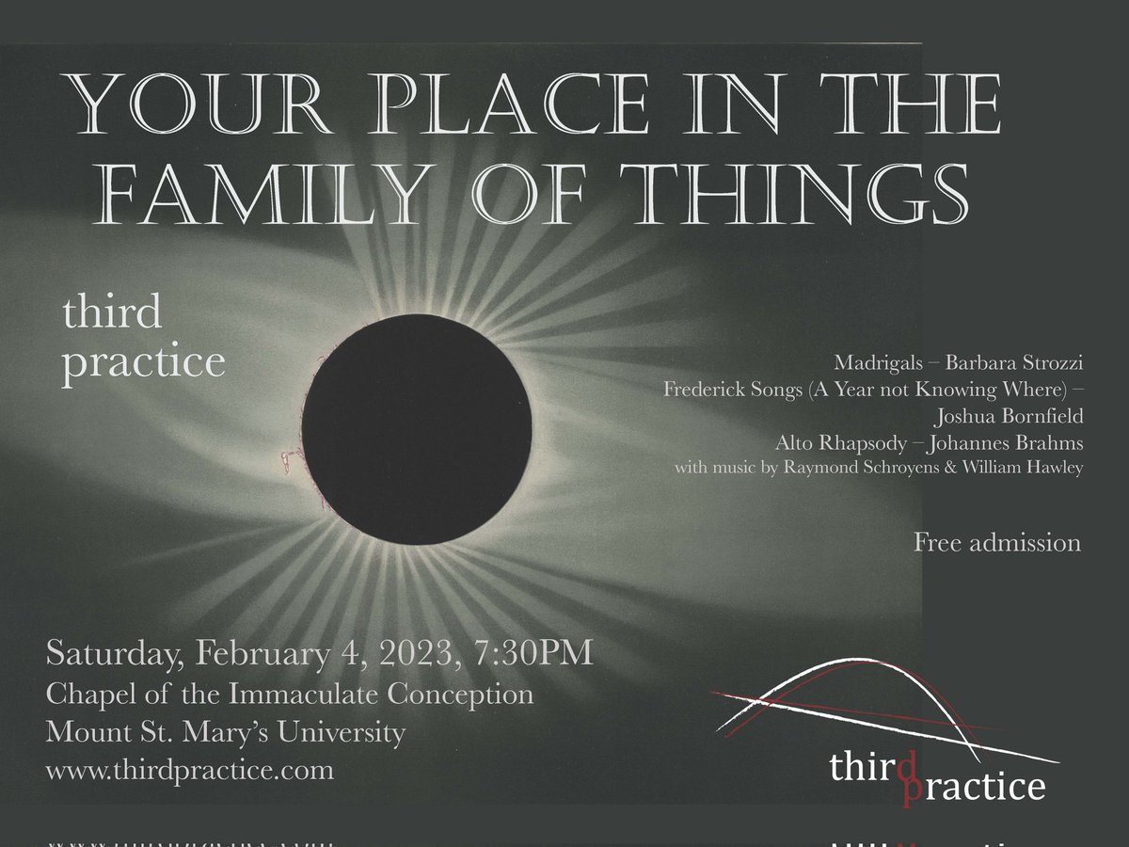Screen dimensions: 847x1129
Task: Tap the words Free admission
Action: click(x=997, y=543)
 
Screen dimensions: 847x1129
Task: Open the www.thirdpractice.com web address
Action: click(x=189, y=770)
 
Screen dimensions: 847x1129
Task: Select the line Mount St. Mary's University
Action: click(x=226, y=731)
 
